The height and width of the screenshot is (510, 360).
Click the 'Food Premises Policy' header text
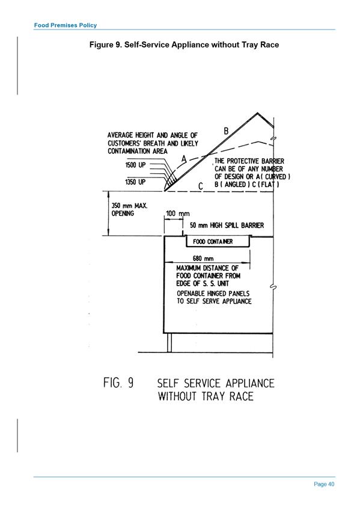(x=66, y=25)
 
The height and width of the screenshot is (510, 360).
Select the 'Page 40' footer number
(x=324, y=484)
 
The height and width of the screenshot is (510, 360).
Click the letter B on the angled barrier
(x=226, y=131)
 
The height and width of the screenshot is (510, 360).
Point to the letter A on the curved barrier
(x=185, y=159)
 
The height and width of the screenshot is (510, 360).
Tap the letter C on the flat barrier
(x=201, y=186)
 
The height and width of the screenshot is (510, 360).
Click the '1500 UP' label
(x=135, y=165)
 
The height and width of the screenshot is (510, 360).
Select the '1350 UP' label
(x=135, y=182)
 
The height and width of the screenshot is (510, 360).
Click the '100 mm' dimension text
(x=177, y=214)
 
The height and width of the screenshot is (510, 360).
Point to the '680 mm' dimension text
(x=203, y=259)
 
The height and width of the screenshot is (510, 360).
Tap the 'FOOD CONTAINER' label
(x=213, y=242)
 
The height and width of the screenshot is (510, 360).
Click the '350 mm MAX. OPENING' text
(x=129, y=209)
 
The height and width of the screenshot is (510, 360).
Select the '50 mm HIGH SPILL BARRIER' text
(x=227, y=226)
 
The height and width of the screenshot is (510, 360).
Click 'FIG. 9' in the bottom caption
(x=118, y=382)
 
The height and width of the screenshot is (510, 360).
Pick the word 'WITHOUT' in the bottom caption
(x=177, y=396)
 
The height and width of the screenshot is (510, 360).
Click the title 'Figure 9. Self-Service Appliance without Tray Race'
(x=185, y=45)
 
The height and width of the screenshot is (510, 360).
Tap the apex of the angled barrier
(x=258, y=113)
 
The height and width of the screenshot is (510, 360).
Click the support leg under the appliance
(x=169, y=342)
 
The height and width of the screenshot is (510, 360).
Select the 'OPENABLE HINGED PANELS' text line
(x=213, y=293)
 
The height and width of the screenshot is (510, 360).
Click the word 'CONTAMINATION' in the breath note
(x=129, y=151)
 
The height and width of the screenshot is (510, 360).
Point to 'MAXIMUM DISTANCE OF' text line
(x=207, y=268)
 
